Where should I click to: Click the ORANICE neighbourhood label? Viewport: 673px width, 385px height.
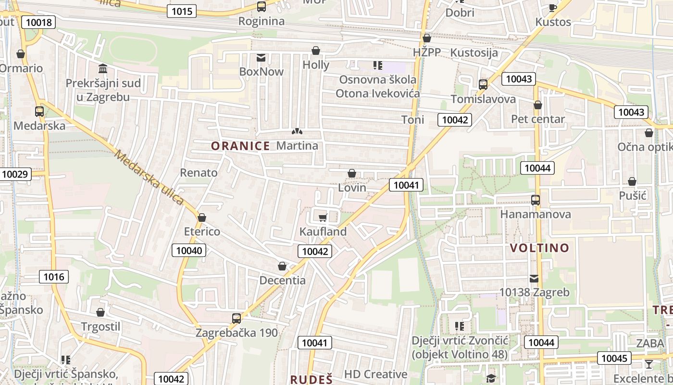click(240, 146)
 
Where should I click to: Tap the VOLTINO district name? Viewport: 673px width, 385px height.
click(539, 248)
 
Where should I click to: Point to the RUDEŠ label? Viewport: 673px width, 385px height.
click(312, 379)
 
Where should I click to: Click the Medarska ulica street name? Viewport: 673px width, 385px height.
click(149, 178)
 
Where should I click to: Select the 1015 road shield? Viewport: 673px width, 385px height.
click(182, 11)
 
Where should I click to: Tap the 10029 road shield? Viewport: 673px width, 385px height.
click(16, 174)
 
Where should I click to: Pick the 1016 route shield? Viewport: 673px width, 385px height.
click(54, 277)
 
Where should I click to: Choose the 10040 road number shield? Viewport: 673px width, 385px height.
click(189, 250)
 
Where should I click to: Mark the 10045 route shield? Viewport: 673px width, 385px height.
click(614, 358)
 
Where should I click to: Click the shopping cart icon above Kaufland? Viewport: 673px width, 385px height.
click(323, 218)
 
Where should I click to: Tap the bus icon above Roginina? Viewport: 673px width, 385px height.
click(261, 7)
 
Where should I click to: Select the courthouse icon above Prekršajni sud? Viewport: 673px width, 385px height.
click(103, 69)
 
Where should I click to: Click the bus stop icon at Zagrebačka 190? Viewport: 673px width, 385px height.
click(236, 318)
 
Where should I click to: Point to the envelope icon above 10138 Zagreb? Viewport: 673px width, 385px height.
click(534, 278)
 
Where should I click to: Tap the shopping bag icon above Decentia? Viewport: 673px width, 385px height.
click(282, 266)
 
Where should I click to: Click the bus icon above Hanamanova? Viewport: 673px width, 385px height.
click(535, 200)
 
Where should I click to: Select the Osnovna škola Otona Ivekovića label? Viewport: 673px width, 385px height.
click(377, 87)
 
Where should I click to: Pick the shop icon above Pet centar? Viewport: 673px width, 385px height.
click(538, 105)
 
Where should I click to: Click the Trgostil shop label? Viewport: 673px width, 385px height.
click(100, 327)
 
